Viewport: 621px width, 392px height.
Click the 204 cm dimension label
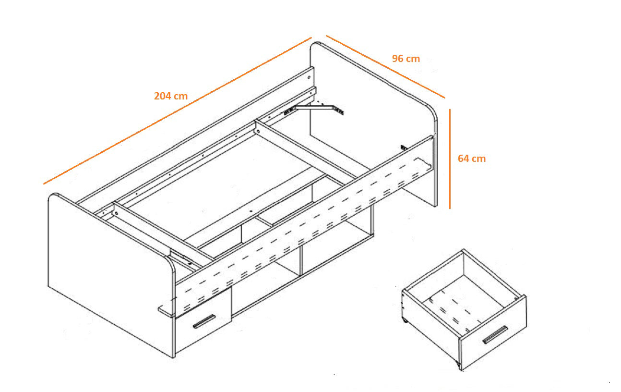click(x=171, y=96)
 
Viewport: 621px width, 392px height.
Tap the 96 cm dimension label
click(x=406, y=59)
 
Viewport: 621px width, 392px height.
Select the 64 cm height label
click(x=471, y=159)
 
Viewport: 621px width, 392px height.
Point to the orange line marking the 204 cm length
click(x=178, y=110)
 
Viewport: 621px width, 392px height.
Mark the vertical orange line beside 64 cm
click(x=450, y=159)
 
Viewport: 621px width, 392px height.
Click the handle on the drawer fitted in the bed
click(x=204, y=322)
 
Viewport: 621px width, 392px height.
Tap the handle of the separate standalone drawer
click(x=495, y=334)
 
